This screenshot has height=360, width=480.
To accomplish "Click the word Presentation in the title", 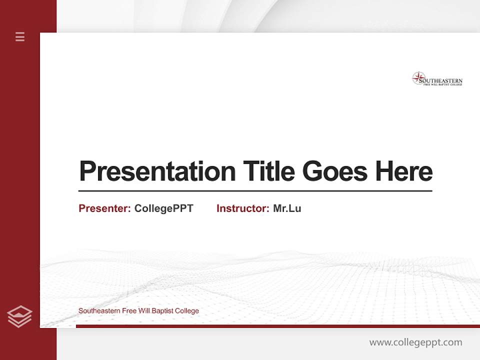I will click(x=157, y=171).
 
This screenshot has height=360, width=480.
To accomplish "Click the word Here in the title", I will click(x=403, y=171).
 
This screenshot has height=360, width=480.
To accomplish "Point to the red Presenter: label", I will click(x=104, y=208).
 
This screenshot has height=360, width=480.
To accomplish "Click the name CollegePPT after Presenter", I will click(x=163, y=208).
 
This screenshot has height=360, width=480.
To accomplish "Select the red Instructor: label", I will click(x=242, y=208).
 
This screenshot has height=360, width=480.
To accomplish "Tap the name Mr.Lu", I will click(x=287, y=208).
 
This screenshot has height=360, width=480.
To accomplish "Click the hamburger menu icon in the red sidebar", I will click(x=20, y=36).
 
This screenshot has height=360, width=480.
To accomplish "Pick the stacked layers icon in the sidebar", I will click(x=19, y=316).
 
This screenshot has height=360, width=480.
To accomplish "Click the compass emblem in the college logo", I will click(x=418, y=78).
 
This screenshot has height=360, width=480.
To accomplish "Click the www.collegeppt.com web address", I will click(x=415, y=342).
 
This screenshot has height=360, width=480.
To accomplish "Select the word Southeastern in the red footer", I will click(x=99, y=311).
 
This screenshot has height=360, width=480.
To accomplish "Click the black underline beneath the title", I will click(x=255, y=190).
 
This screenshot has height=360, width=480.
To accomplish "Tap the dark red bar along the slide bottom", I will click(x=277, y=326).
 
